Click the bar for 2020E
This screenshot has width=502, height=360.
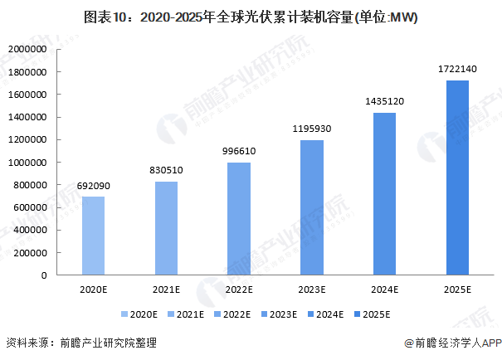click(x=94, y=236)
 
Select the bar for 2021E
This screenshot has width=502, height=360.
click(x=166, y=228)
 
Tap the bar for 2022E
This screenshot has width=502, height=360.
click(x=239, y=219)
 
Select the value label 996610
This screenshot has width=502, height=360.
click(x=239, y=153)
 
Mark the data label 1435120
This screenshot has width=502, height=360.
click(x=384, y=102)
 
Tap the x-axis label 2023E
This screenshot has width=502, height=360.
click(x=312, y=289)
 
